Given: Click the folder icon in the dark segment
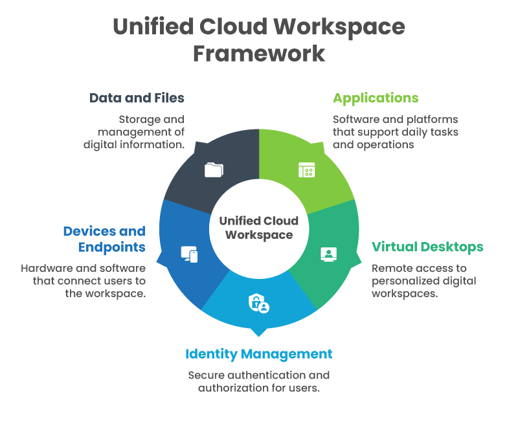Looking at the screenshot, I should pos(214,170).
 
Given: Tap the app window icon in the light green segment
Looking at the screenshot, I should pos(306,170).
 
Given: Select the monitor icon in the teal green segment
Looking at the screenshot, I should pos(328,254).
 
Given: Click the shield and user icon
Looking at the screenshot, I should pos(258,303).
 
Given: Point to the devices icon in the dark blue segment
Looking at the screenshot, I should pos(189,254).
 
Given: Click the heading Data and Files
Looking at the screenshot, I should pos(137,98).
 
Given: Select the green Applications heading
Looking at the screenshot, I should pos(376,98).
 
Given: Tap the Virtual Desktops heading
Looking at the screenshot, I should pos(427,247).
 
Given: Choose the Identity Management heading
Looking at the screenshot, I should pos(258,354).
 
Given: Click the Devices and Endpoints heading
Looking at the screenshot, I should pos(104,239).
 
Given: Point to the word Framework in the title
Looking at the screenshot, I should pos(259,53).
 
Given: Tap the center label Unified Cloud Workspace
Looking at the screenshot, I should pos(259,227).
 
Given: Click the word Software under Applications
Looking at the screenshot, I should pos(355,120).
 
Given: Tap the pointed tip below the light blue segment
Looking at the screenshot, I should pos(259,333).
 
